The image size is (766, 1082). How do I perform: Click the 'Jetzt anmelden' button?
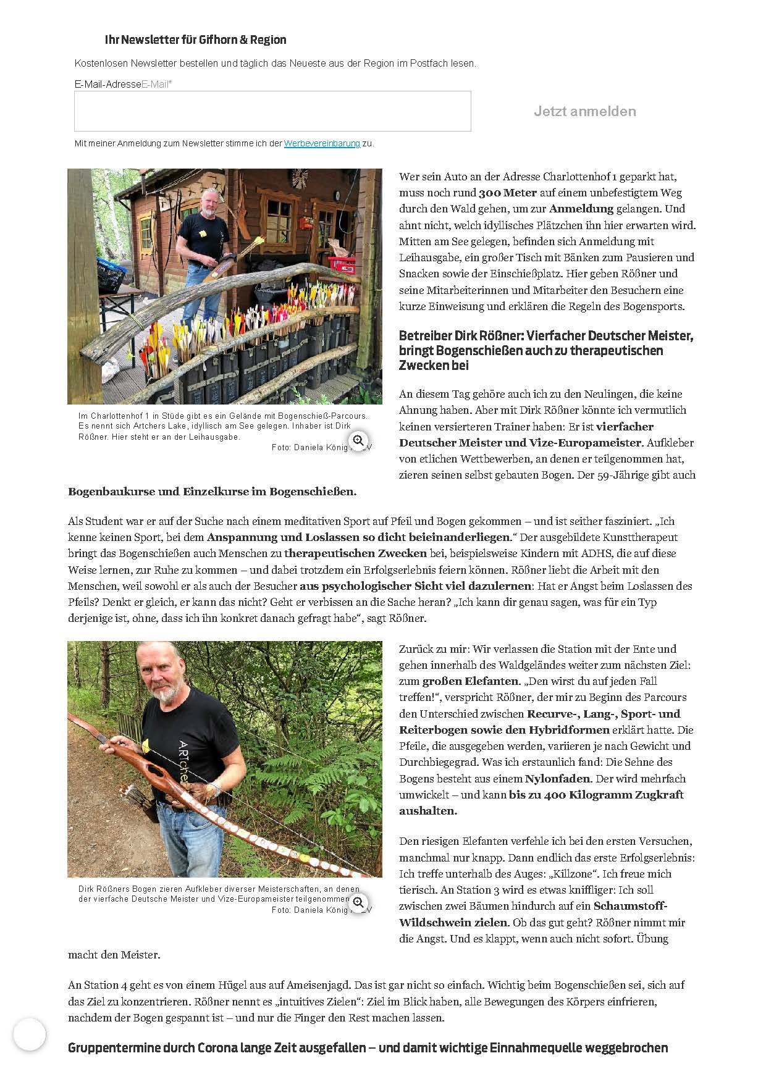tap(584, 112)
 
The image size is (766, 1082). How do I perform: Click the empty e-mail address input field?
tap(272, 111)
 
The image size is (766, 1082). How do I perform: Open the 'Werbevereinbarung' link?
tap(322, 143)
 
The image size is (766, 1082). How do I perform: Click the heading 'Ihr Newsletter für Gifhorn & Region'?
tap(195, 40)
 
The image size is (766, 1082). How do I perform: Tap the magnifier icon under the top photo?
tap(358, 440)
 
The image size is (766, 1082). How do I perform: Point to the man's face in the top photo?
tap(208, 203)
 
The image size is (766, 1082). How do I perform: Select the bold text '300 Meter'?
tap(508, 193)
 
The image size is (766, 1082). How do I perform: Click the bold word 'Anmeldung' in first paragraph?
tap(581, 209)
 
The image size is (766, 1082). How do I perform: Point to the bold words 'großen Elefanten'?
tap(470, 681)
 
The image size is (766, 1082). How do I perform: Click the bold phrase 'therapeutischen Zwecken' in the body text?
tap(356, 553)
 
